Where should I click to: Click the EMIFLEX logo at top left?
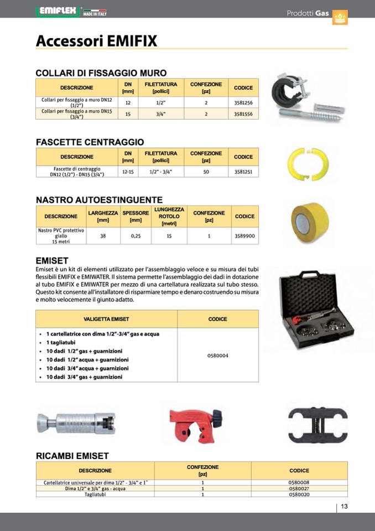pos(58,11)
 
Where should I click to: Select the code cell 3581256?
pos(243,103)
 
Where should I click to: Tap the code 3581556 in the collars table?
pos(243,114)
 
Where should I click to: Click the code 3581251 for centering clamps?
pos(243,172)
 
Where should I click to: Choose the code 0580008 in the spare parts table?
pos(299,482)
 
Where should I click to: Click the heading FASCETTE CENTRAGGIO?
pos(90,142)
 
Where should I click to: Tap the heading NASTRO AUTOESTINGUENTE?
pos(99,200)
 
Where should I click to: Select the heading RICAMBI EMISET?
pos(72,456)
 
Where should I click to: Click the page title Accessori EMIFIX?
pos(96,41)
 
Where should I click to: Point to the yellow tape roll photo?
pos(310,221)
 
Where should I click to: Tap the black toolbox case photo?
pos(316,310)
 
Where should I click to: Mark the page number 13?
pos(343,507)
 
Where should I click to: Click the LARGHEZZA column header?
pos(103,216)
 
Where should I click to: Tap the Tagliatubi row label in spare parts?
pos(95,494)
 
